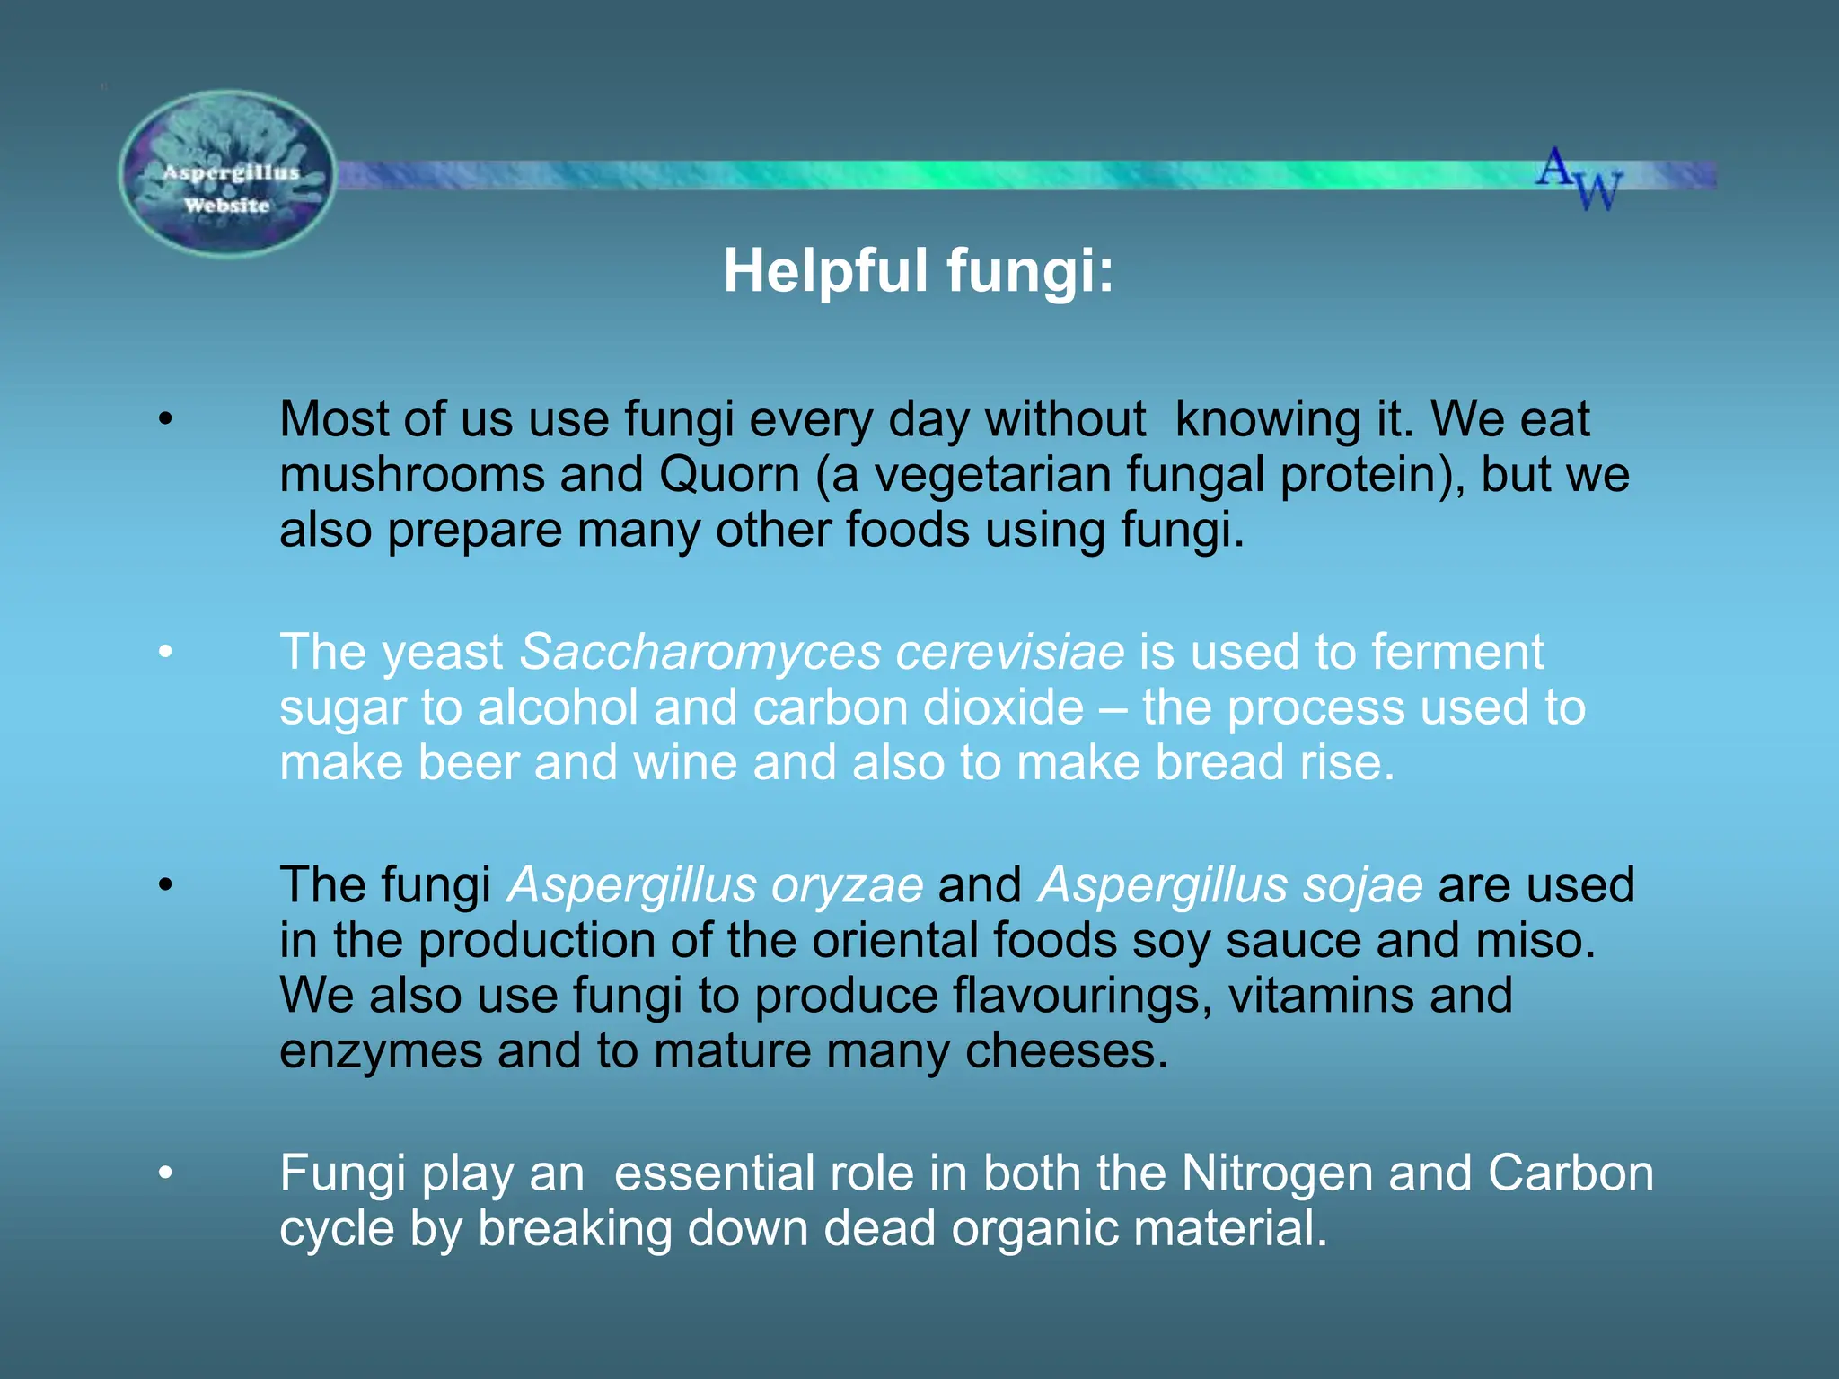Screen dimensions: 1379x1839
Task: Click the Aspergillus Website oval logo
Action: coord(228,174)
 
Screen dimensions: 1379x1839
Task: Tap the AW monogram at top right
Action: coord(1579,179)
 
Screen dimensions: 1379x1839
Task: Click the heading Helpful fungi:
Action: coord(919,270)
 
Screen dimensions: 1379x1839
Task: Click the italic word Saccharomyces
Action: coord(700,652)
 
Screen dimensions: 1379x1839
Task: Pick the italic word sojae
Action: coord(1364,885)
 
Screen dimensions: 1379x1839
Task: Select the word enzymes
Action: coord(381,1052)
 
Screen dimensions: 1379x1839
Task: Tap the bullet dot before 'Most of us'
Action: coord(165,419)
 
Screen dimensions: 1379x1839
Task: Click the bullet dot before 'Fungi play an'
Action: coord(165,1173)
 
